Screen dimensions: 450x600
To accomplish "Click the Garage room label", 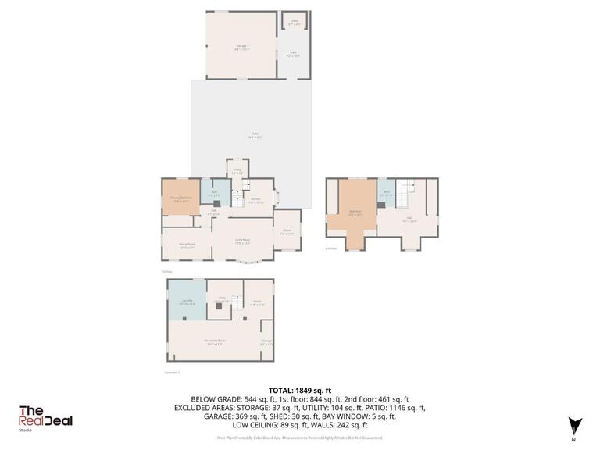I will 242,48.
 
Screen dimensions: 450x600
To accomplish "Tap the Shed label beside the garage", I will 295,23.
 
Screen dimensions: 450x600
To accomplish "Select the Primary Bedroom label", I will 181,198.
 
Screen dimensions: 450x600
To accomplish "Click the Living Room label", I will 242,241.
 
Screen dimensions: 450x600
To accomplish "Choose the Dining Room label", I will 187,245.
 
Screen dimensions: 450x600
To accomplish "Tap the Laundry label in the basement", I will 187,302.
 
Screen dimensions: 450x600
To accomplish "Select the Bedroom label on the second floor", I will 355,212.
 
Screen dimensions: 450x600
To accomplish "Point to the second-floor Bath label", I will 386,193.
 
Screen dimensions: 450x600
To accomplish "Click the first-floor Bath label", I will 214,193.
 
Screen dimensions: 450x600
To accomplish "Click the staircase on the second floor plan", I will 404,190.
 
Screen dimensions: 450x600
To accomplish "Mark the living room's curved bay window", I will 249,263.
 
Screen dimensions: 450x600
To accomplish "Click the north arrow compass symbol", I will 575,425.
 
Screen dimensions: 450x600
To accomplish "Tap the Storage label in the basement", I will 267,341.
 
